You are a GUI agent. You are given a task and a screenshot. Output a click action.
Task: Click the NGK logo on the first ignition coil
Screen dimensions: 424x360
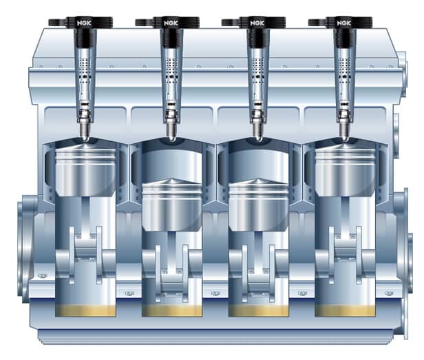point(84,23)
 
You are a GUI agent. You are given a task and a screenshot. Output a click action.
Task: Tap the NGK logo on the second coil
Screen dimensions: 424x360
point(171,23)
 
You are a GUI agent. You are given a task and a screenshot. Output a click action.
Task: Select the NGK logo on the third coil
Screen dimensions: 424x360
point(257,23)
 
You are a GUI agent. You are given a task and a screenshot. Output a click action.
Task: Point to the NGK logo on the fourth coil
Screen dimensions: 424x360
point(343,23)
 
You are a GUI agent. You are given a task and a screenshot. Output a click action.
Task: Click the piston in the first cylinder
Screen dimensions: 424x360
point(85,171)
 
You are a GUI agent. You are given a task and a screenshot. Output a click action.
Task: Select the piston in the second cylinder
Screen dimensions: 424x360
point(172,206)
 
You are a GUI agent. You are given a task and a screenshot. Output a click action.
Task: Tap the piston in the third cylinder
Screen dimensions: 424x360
point(259,206)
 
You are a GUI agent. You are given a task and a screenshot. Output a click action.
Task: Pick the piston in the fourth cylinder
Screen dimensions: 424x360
point(346,171)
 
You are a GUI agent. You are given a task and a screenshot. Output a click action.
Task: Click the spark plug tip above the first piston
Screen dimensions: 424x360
point(86,138)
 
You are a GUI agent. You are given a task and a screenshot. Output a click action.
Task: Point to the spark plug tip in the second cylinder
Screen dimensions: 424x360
point(172,138)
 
